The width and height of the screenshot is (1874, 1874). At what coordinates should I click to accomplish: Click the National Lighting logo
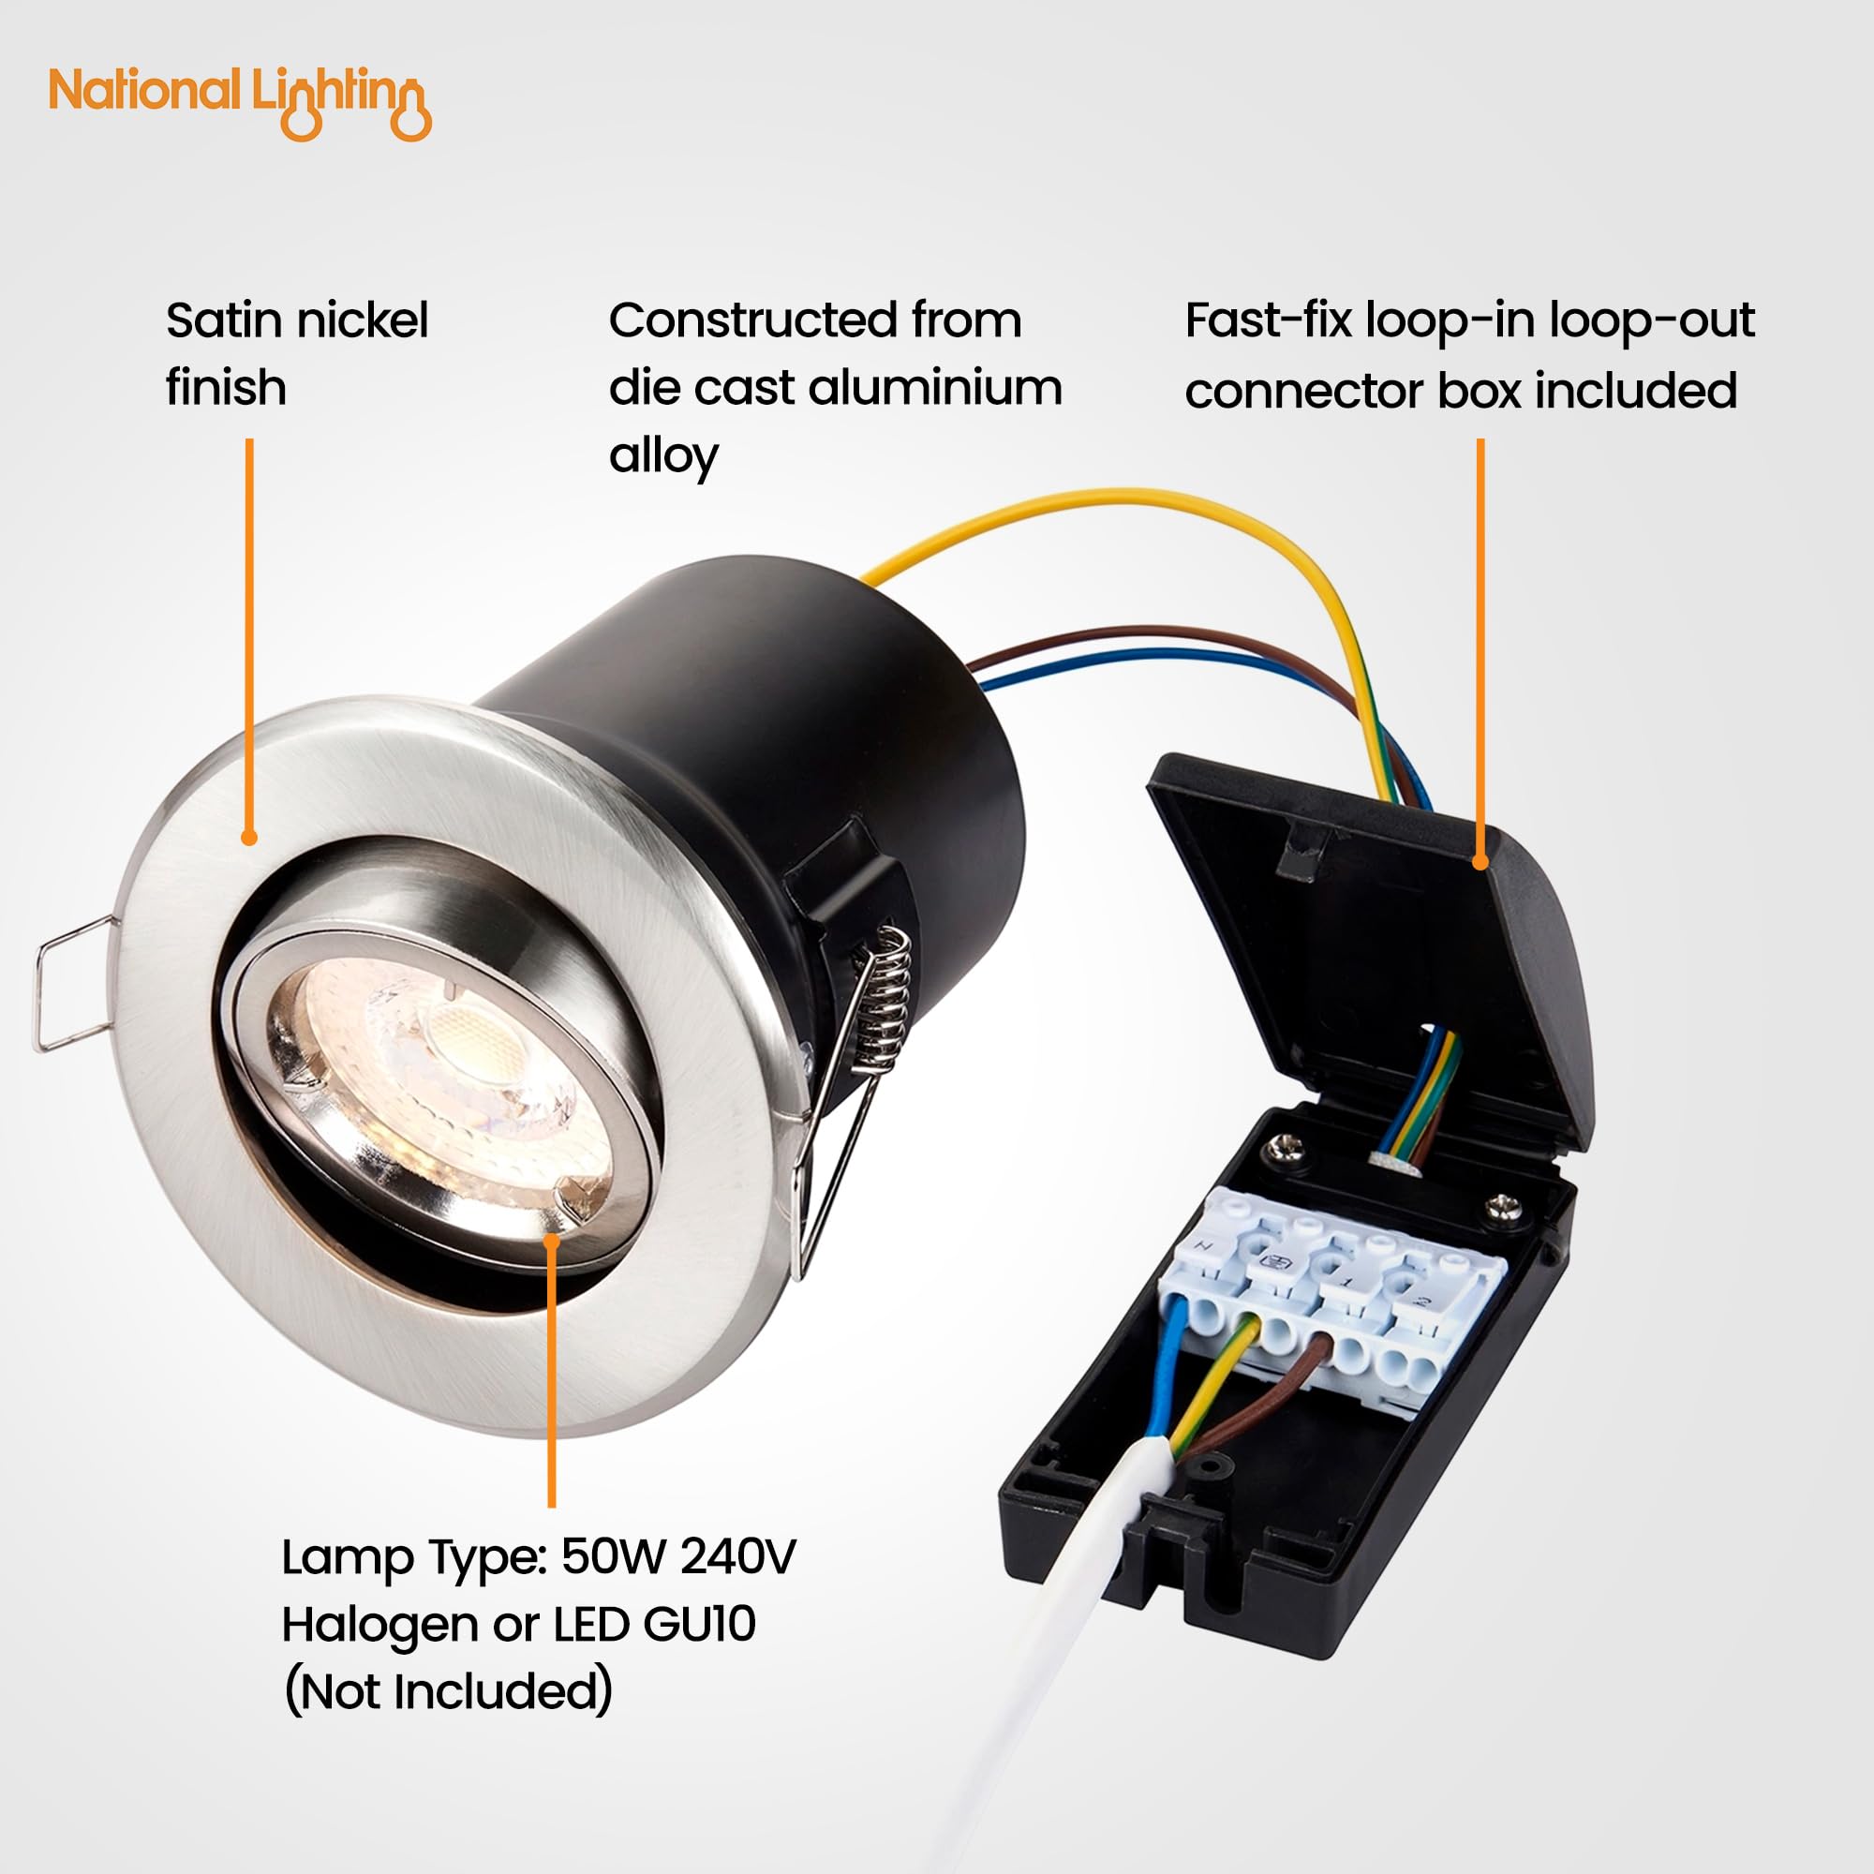pos(240,102)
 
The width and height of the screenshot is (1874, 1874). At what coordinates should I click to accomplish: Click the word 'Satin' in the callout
pos(222,320)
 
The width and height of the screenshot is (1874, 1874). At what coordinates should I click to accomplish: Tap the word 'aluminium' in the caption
pos(934,387)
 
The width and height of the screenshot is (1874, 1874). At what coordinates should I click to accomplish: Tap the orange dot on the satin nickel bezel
pos(249,838)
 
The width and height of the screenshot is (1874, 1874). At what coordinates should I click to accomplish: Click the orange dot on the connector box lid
pos(1480,860)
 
